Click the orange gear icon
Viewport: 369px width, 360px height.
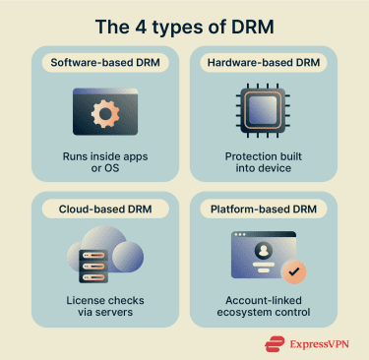102,112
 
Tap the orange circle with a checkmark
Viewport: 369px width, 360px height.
292,270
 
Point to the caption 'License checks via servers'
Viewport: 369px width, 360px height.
101,307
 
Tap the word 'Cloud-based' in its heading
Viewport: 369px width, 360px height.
79,210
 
